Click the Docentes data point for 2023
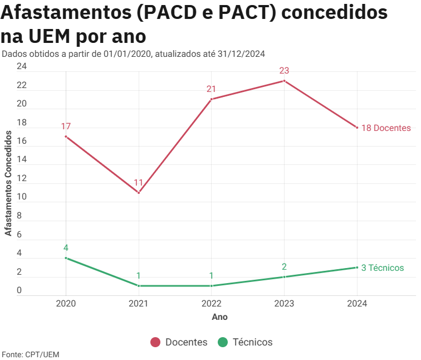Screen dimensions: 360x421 coord(284,81)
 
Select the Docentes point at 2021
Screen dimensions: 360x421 coord(139,193)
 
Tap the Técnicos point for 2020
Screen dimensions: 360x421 coord(66,258)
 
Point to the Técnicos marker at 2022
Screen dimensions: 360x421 coord(212,286)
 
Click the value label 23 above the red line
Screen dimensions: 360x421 coord(284,71)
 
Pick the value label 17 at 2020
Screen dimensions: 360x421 coord(66,127)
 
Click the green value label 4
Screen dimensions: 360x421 coord(66,248)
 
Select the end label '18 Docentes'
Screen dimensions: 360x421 coord(386,128)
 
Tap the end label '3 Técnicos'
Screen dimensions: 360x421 coord(383,267)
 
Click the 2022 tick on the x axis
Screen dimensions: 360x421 coord(212,304)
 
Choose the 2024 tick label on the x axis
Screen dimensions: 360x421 coord(357,304)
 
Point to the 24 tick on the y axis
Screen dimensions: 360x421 coord(22,67)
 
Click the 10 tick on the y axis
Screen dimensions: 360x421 coord(22,197)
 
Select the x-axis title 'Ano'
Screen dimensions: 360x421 coord(219,317)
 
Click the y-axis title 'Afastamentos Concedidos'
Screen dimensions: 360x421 coord(8,183)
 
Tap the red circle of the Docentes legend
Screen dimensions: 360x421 coord(155,342)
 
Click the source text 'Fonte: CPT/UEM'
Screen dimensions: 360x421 coord(31,354)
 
